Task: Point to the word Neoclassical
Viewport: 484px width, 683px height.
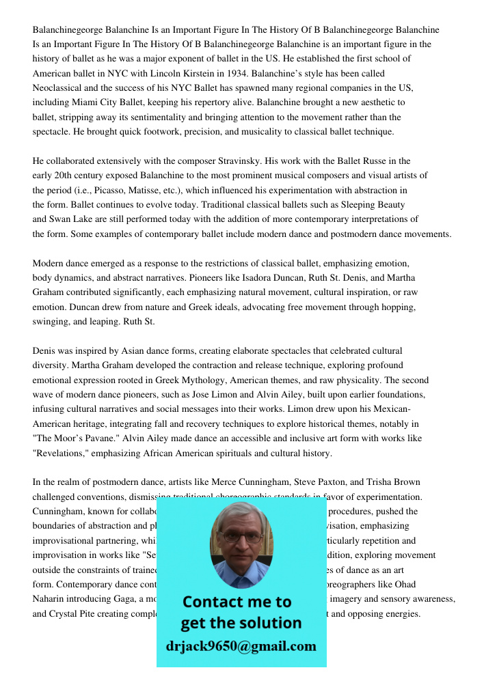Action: [59, 88]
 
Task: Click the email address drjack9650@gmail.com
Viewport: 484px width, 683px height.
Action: [241, 646]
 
